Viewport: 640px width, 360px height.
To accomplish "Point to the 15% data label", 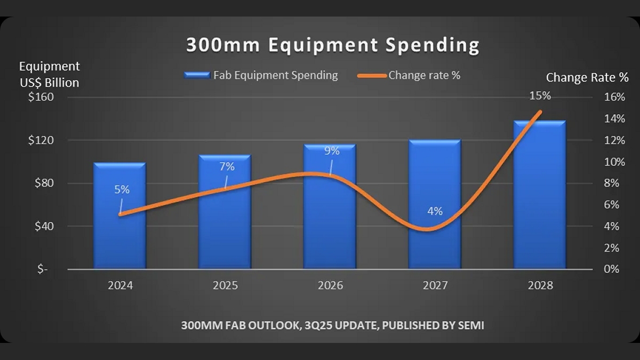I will [x=540, y=96].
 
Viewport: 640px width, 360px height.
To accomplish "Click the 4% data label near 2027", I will [x=435, y=211].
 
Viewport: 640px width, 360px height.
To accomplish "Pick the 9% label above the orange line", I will [x=332, y=151].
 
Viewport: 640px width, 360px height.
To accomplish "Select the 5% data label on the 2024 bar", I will [x=122, y=189].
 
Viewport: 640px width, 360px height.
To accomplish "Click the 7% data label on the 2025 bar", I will [x=227, y=166].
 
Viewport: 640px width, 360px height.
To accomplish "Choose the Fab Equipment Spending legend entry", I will [x=261, y=75].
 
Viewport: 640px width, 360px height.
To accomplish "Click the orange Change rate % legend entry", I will [x=410, y=75].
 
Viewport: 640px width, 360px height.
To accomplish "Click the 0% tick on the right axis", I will [x=612, y=269].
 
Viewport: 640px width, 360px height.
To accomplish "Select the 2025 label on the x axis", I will [x=225, y=285].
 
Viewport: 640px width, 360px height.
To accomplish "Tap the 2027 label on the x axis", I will [x=435, y=285].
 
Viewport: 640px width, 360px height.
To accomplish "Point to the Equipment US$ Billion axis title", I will [x=49, y=75].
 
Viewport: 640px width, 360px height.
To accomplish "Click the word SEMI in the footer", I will [x=470, y=325].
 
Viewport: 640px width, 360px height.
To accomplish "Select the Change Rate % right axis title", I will [x=587, y=78].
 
